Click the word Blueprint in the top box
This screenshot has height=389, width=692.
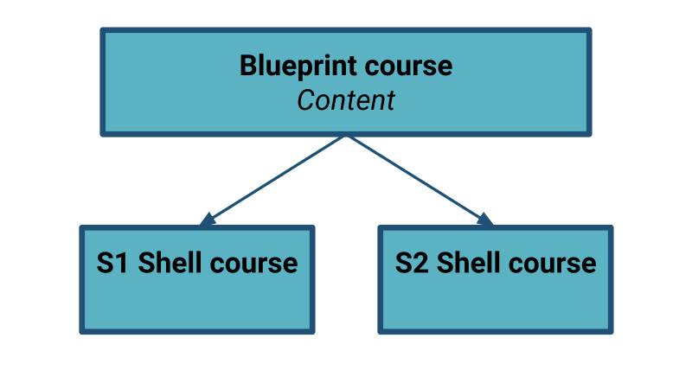click(x=298, y=67)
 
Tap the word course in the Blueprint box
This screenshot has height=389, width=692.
click(x=408, y=67)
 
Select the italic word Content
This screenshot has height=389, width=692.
click(x=346, y=100)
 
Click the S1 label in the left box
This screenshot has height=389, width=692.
click(x=112, y=263)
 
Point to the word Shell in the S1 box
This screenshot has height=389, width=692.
click(x=170, y=263)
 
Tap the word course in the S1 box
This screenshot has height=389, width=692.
click(x=253, y=265)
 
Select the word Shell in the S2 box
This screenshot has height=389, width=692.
click(x=469, y=263)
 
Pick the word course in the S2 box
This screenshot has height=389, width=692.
click(x=553, y=265)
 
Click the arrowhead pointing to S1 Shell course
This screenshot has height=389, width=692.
click(x=207, y=220)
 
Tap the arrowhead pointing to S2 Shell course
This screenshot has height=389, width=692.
click(x=485, y=220)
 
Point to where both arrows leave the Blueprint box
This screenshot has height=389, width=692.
click(x=346, y=137)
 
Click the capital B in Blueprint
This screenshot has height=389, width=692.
click(x=248, y=67)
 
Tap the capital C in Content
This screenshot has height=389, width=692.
click(x=306, y=100)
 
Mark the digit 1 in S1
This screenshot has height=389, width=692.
click(x=123, y=263)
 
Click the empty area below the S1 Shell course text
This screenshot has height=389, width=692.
click(x=197, y=303)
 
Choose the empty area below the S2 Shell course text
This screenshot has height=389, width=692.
click(x=495, y=303)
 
